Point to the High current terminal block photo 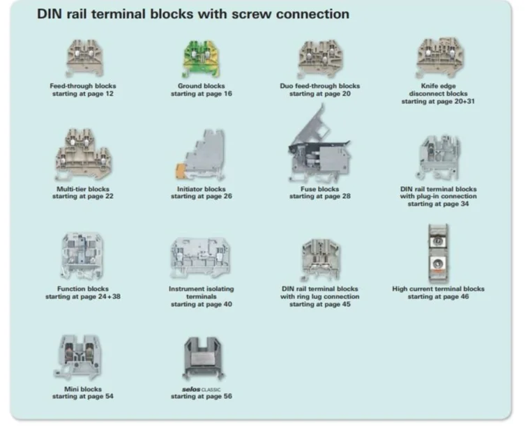tap(438, 254)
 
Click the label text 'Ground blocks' tap(202, 86)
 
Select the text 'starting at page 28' tap(320, 197)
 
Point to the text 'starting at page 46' tap(439, 297)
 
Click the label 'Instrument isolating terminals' tap(202, 293)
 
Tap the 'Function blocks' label tap(83, 289)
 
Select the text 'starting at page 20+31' tap(439, 102)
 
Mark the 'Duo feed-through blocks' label tap(320, 86)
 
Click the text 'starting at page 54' tap(83, 397)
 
